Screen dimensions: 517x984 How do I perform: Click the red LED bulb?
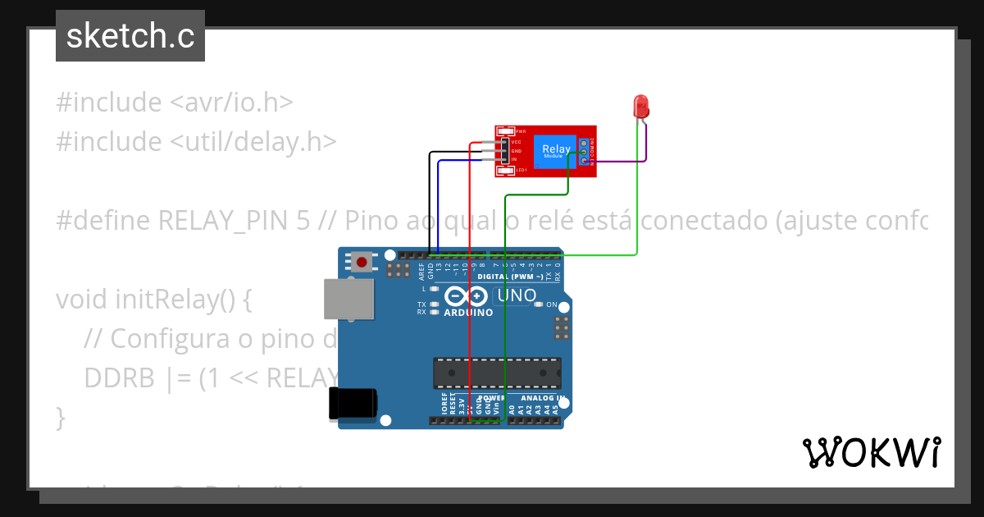pyautogui.click(x=641, y=106)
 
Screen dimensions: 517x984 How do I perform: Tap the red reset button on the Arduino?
pyautogui.click(x=361, y=263)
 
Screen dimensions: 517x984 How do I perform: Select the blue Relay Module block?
pyautogui.click(x=556, y=151)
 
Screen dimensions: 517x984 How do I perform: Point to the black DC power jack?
pyautogui.click(x=353, y=403)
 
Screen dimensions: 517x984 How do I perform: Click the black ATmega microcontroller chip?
pyautogui.click(x=498, y=373)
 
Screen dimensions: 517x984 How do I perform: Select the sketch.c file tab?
pyautogui.click(x=130, y=36)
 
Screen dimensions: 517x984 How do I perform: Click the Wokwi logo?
pyautogui.click(x=871, y=452)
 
